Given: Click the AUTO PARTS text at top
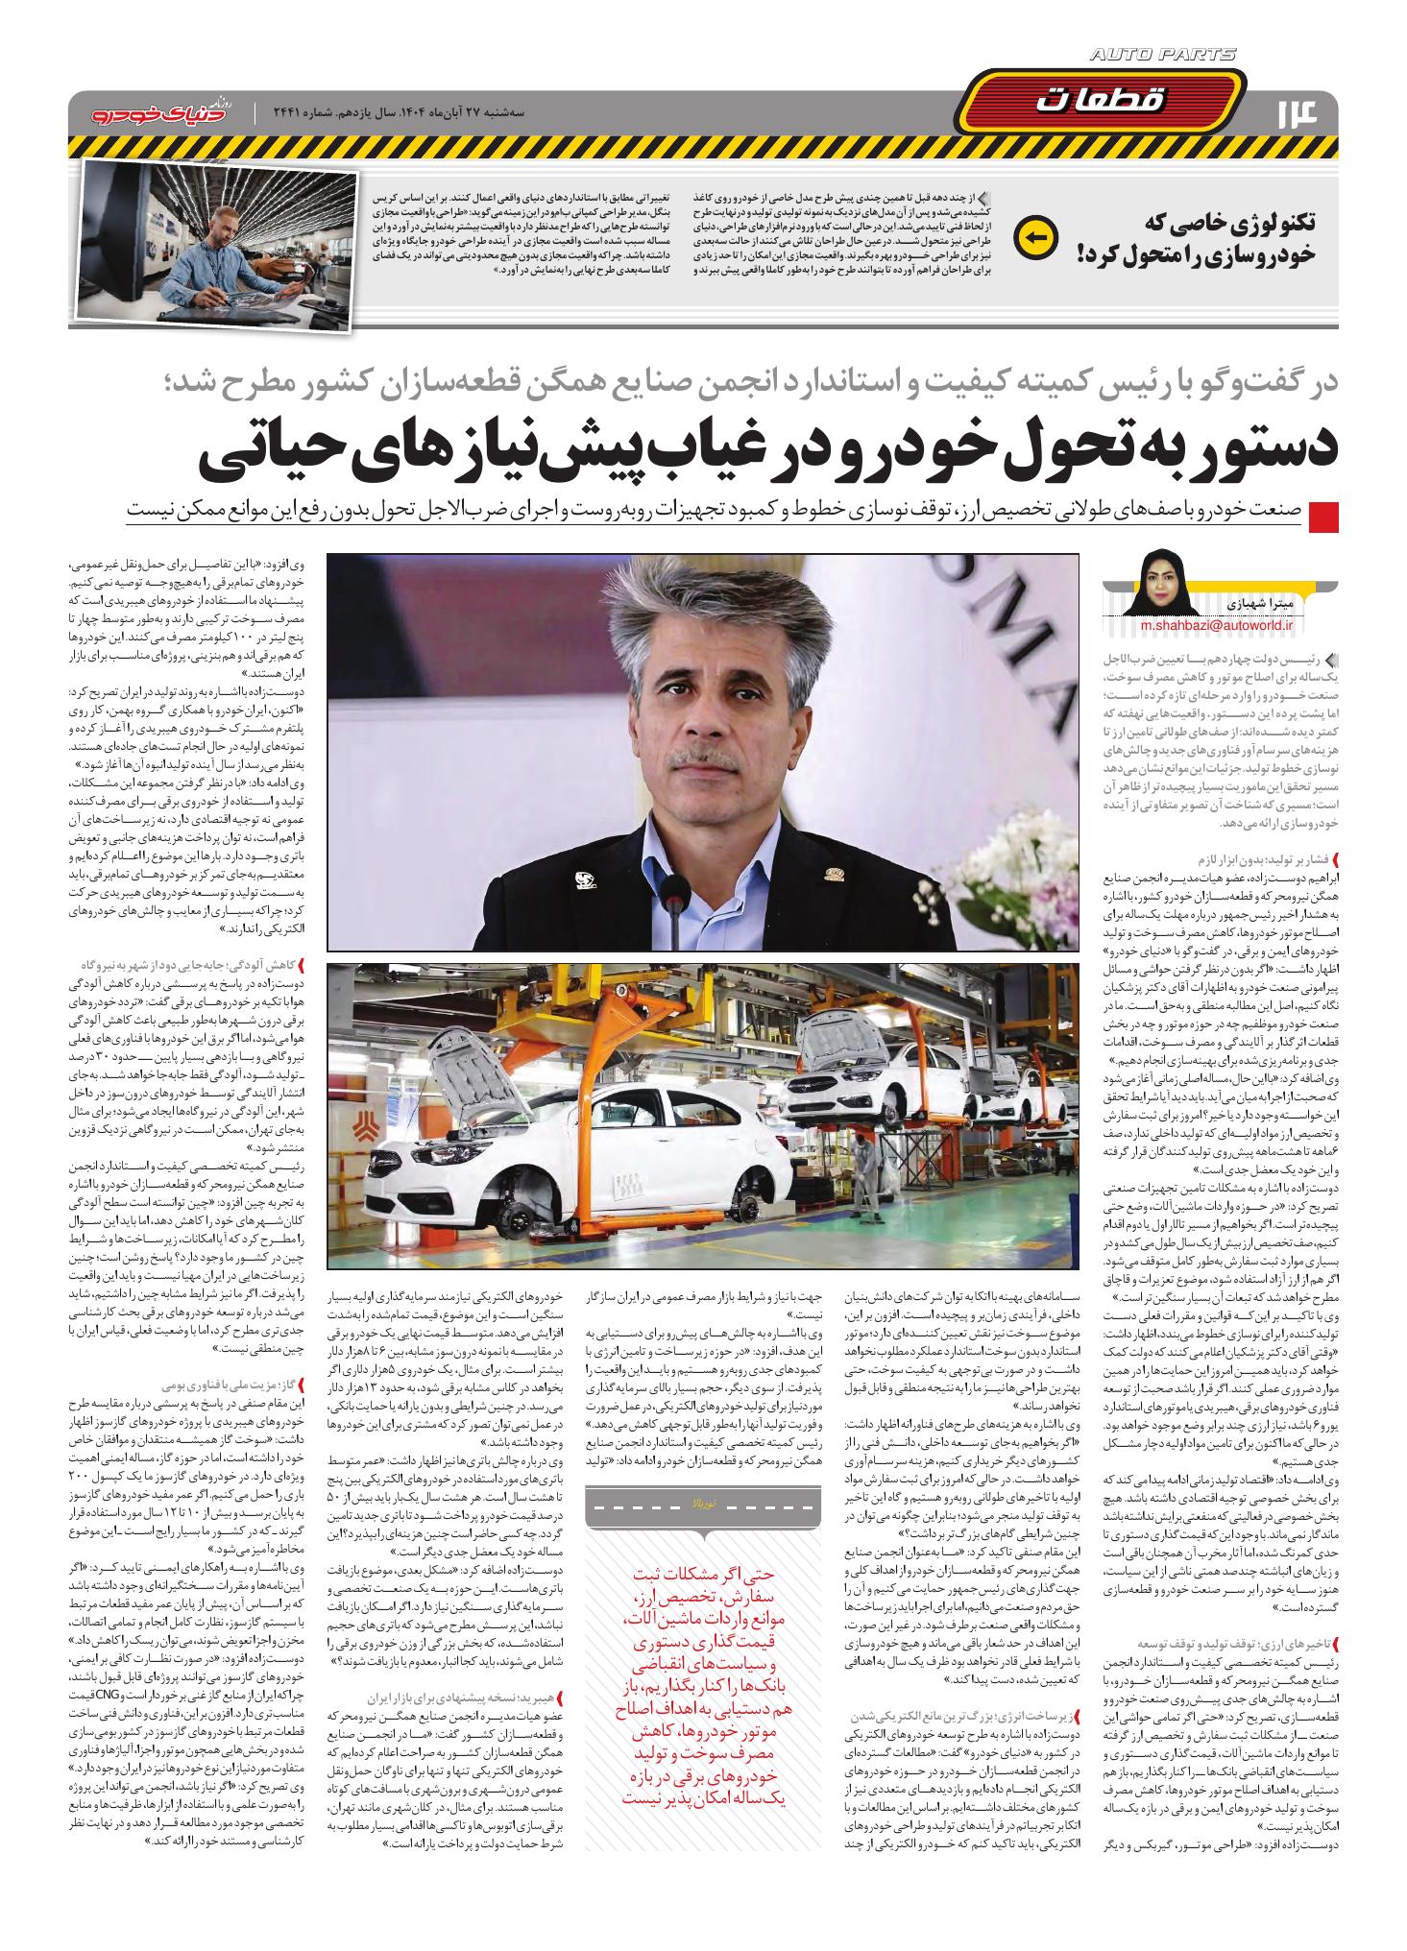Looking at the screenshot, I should pos(1163,56).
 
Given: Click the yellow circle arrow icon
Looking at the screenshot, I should pos(1037,234).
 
